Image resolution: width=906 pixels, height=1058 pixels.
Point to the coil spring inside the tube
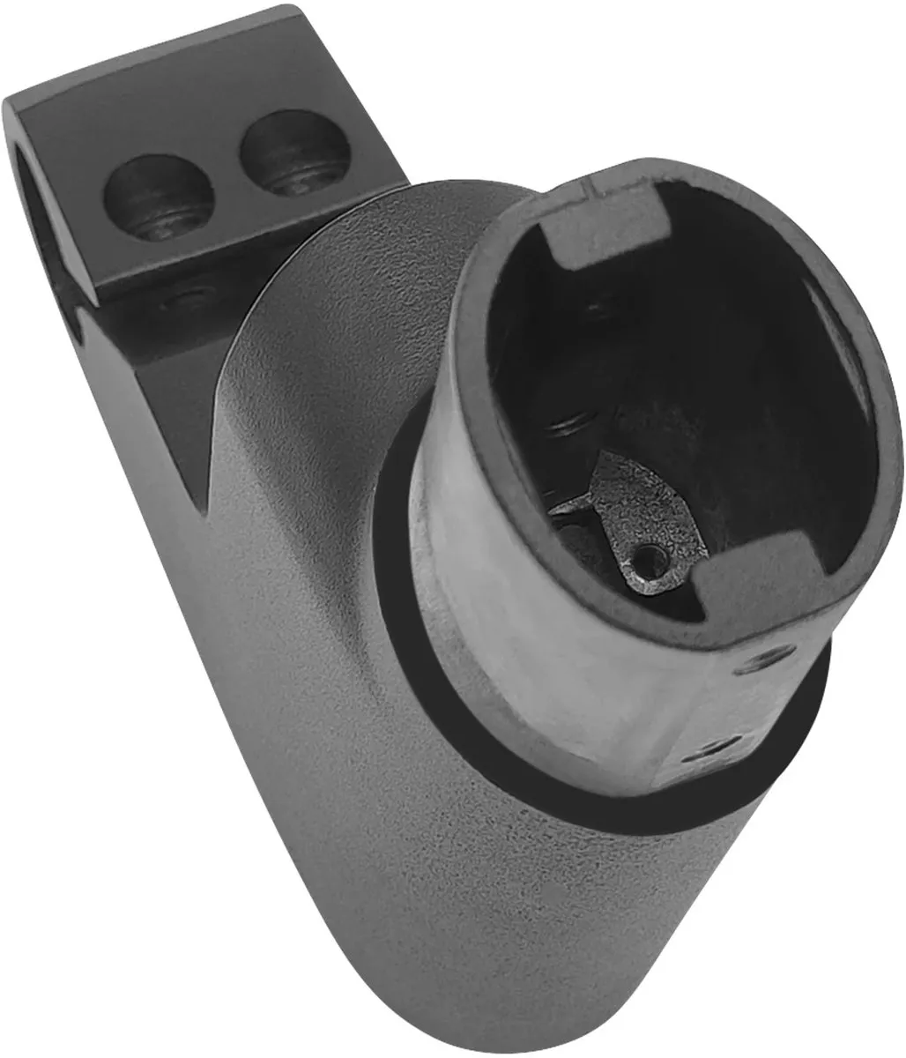tap(564, 432)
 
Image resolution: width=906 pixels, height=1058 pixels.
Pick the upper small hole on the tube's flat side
tap(765, 657)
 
